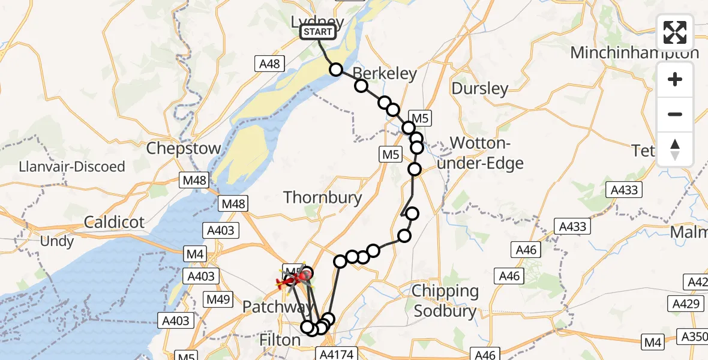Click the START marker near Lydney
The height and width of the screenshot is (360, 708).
pyautogui.click(x=317, y=32)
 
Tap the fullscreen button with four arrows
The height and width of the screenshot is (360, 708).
pyautogui.click(x=675, y=32)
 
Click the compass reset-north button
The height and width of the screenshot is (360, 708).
pyautogui.click(x=675, y=149)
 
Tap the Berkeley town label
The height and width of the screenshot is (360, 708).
pyautogui.click(x=385, y=73)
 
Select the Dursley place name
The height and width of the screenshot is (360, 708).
pyautogui.click(x=479, y=89)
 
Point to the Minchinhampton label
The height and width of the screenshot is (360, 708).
pyautogui.click(x=634, y=53)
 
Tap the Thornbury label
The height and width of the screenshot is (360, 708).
pyautogui.click(x=322, y=197)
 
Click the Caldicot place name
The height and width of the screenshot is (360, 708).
pyautogui.click(x=114, y=222)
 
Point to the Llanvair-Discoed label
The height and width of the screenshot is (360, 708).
pyautogui.click(x=72, y=166)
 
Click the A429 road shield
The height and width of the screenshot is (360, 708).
pyautogui.click(x=687, y=304)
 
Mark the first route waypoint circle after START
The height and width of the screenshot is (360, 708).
pyautogui.click(x=336, y=70)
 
